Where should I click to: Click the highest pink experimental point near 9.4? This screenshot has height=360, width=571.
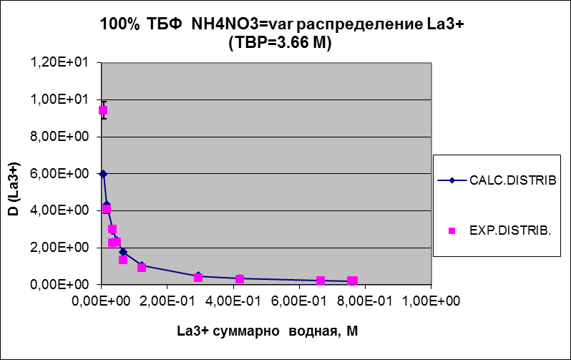click(x=103, y=110)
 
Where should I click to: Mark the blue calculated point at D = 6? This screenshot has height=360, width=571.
click(x=103, y=173)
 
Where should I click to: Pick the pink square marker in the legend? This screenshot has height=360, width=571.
click(x=452, y=230)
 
